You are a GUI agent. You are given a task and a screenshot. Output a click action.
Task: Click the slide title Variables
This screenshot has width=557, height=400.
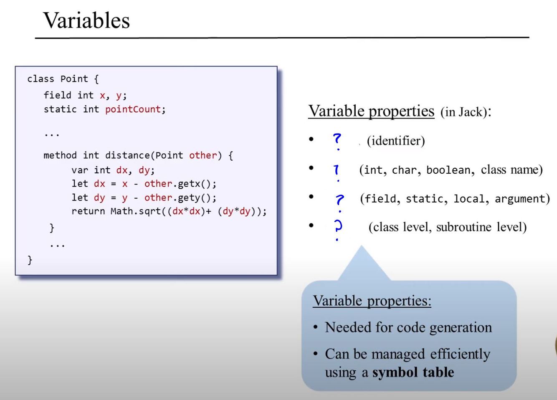coord(86,20)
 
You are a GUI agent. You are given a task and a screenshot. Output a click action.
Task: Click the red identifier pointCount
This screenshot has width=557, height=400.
coord(133,109)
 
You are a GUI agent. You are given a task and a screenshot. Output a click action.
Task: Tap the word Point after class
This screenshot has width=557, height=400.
coord(74,79)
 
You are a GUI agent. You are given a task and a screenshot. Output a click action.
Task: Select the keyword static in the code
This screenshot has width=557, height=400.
coord(60,109)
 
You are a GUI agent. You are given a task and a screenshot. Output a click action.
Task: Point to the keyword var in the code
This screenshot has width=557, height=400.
coord(79,170)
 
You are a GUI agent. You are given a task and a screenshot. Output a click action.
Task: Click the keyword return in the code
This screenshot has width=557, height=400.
coord(88,211)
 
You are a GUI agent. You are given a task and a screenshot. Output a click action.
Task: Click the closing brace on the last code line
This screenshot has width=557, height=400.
coord(30,260)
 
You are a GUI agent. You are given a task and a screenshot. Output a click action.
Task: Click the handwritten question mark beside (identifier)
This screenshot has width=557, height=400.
coord(337,140)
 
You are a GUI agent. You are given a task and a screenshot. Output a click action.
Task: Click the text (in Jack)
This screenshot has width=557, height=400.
coord(464,112)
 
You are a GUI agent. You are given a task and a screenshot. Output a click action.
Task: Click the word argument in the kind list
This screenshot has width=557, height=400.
coord(522,199)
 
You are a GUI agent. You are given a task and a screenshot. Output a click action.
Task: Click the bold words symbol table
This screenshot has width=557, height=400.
coord(413,372)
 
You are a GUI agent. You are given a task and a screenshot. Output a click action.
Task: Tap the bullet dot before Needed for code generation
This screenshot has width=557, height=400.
coord(316,327)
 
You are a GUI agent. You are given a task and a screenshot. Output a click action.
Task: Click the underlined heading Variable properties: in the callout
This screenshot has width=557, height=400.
coord(372,301)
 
